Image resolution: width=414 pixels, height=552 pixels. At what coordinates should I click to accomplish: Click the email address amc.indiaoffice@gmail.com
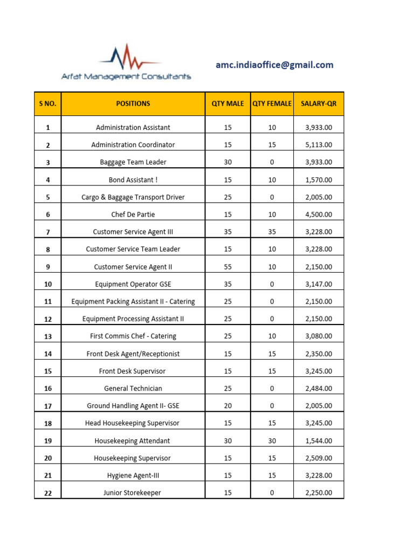pos(274,65)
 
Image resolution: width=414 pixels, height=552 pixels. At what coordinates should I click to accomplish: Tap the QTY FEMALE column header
pos(272,103)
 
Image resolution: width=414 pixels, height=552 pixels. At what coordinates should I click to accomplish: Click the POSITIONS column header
pos(133,103)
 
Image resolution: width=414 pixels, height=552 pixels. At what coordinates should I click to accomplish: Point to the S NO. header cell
pos(47,103)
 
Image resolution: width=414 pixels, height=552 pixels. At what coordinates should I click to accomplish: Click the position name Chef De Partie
pos(133,215)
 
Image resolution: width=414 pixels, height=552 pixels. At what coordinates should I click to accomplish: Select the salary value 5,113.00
pos(319,145)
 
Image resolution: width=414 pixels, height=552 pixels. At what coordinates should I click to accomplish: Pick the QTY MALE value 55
pos(227,267)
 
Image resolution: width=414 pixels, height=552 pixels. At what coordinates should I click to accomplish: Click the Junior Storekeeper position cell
pos(133,493)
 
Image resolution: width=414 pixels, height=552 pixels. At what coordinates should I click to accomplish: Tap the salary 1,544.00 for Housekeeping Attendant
pos(319,441)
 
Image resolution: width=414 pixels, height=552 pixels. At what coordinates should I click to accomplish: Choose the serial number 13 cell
pos(47,337)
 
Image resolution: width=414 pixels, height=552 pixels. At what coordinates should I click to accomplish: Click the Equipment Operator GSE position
pos(133,284)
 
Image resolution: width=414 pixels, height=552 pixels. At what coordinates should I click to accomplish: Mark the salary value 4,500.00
pos(319,215)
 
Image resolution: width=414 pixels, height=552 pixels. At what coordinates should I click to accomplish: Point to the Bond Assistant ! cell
pos(133,180)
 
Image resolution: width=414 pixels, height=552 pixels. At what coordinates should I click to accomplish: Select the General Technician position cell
pos(133,389)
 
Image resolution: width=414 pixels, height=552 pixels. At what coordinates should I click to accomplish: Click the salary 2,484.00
pos(319,389)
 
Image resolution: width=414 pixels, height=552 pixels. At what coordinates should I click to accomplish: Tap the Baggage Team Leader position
pos(133,162)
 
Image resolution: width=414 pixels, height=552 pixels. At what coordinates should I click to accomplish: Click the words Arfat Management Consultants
pos(126,77)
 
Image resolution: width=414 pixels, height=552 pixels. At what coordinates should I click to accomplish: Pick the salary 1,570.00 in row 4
pos(319,180)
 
